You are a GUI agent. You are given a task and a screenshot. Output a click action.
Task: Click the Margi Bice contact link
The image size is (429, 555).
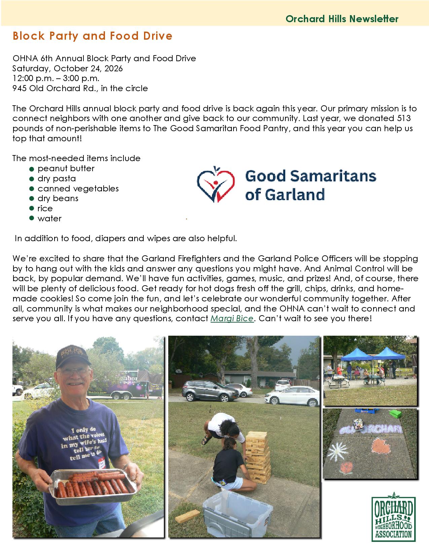coord(232,319)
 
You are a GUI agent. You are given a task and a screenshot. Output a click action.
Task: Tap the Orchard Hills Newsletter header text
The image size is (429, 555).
coord(342,19)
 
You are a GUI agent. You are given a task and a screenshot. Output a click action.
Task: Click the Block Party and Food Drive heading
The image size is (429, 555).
coord(93,36)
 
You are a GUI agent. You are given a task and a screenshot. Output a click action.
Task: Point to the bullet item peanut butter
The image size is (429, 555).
coord(66,169)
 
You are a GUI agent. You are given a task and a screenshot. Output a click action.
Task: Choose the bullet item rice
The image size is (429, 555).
coord(45,209)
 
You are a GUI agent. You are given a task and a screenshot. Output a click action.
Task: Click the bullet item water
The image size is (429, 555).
coord(49,219)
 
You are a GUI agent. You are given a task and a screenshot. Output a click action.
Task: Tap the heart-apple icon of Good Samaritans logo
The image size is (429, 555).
coord(216,184)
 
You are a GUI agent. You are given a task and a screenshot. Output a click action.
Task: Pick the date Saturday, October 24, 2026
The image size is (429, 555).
coord(68,68)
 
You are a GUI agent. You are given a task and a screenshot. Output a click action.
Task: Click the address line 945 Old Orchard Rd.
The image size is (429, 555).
coord(80,88)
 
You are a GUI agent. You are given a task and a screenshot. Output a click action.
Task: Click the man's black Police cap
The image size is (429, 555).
coord(73,357)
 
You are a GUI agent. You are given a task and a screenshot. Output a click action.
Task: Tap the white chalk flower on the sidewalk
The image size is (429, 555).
coord(337,451)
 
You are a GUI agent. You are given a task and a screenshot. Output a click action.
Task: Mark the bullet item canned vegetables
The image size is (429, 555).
coord(78,188)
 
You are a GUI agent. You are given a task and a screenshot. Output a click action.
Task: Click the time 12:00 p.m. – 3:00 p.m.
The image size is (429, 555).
coord(56,78)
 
